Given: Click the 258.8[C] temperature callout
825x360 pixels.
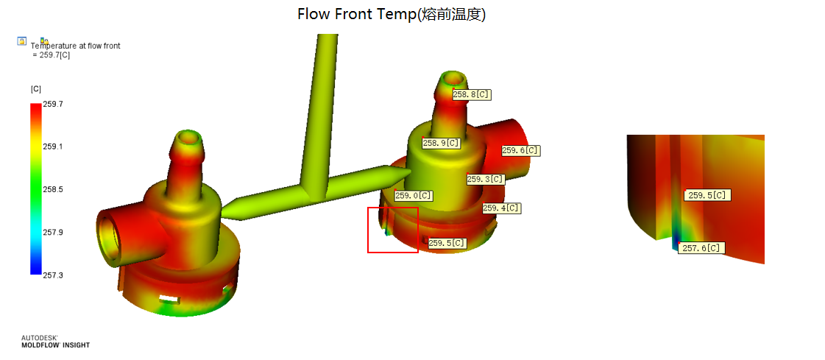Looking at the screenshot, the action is (x=472, y=95).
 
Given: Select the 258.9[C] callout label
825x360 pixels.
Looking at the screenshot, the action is (x=442, y=143).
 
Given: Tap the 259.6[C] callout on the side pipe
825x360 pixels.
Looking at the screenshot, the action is (x=521, y=150).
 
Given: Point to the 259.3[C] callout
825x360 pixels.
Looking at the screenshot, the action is (x=486, y=180).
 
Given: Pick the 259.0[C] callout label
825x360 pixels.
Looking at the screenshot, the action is (x=414, y=196).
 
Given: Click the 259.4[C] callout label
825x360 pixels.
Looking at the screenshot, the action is (x=501, y=208).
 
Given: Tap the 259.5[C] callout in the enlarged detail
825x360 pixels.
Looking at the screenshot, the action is (x=707, y=195).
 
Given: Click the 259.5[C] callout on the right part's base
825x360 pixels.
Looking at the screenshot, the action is (x=447, y=243).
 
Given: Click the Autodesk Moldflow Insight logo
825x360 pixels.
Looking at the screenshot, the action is (x=55, y=342).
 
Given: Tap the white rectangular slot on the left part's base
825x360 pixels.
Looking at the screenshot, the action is (x=169, y=299).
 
